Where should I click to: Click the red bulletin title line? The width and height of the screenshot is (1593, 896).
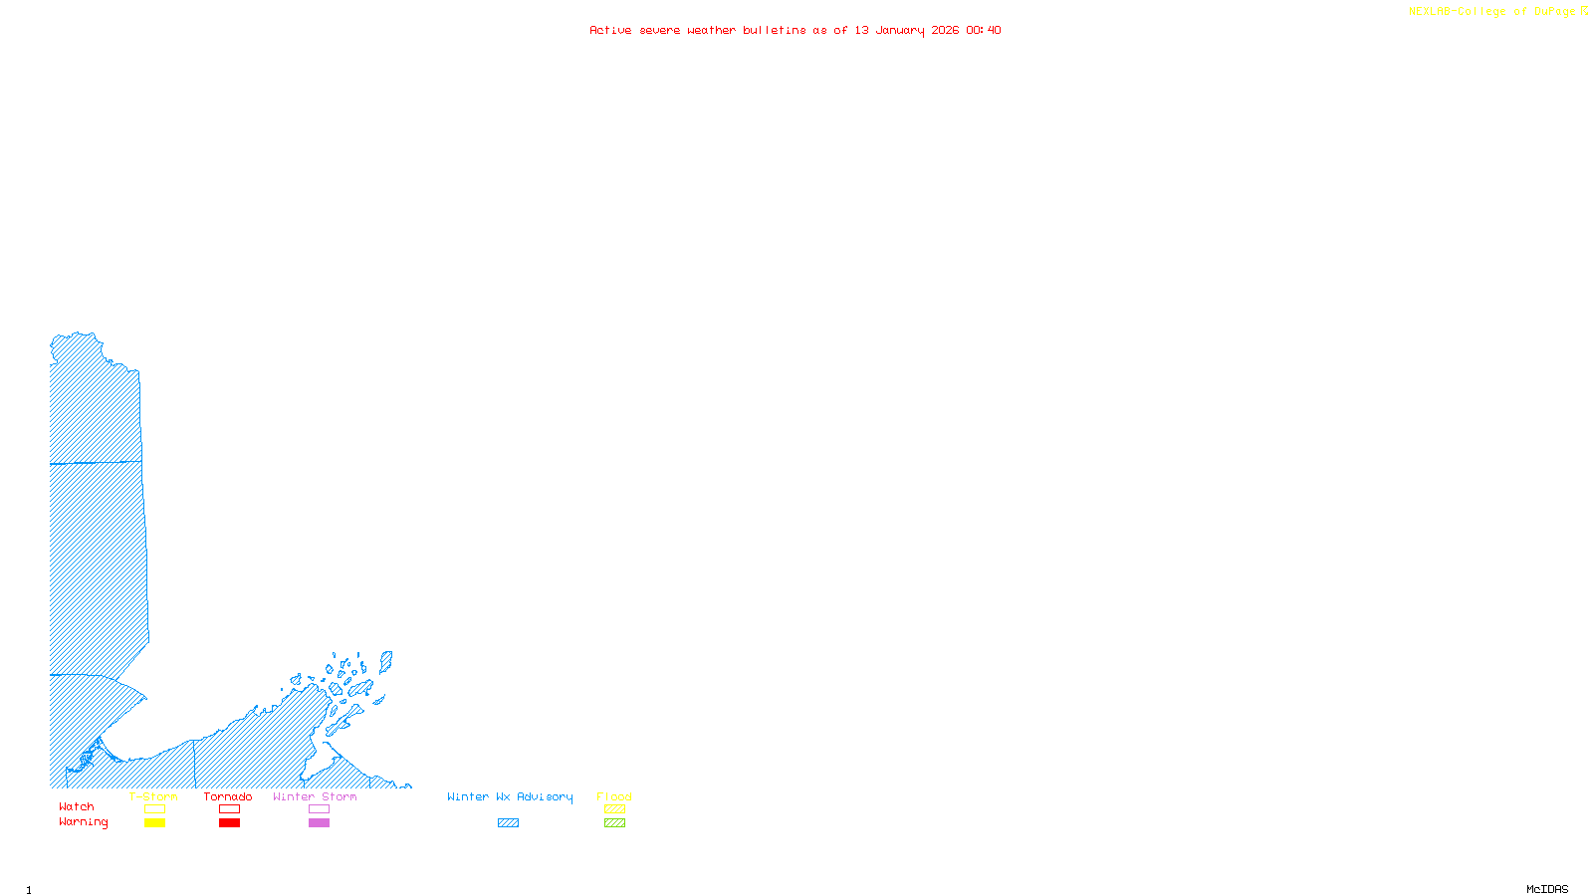coord(795,30)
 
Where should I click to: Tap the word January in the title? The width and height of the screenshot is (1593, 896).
coord(899,30)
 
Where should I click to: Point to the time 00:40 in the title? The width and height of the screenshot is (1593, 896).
coord(983,30)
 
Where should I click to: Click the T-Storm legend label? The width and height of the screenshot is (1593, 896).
coord(153,796)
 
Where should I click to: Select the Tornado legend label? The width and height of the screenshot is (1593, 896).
coord(228,796)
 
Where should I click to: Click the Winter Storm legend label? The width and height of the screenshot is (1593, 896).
coord(315,796)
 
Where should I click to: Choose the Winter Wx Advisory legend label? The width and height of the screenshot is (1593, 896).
coord(510,796)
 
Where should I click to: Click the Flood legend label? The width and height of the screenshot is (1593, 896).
coord(614,796)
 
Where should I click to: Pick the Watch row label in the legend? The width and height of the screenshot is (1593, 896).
coord(77,807)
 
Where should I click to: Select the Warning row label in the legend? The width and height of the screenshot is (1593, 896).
coord(84,822)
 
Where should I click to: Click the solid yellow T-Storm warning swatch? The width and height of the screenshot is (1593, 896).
coord(154,823)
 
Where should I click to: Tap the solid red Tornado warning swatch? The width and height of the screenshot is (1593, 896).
coord(229,823)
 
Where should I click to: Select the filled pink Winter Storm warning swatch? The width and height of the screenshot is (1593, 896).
coord(319,823)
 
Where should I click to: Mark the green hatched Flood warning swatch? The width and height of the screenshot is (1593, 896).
coord(614,823)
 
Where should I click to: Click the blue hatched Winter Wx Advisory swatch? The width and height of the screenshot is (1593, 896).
coord(508,823)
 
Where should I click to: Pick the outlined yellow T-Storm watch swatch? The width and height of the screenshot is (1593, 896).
coord(154,809)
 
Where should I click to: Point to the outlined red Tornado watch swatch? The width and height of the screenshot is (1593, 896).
coord(229,809)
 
